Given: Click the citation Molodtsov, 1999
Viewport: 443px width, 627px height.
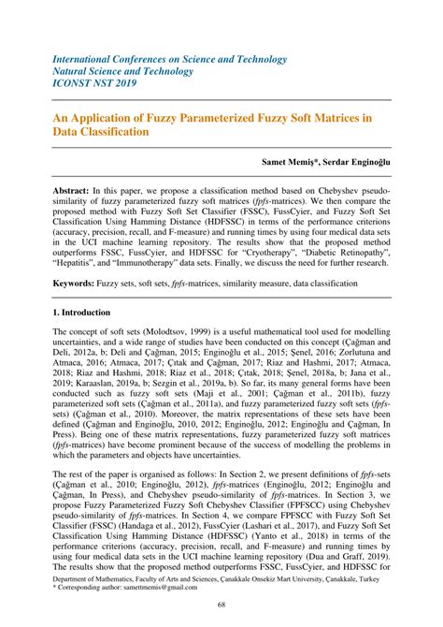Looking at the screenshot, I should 177,333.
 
